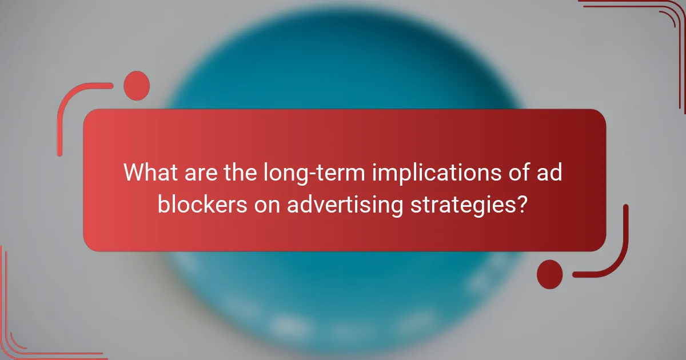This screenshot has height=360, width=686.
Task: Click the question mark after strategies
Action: point(521,204)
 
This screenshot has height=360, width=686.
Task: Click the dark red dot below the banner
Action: point(549,274)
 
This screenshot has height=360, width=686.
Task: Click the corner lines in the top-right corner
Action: point(657,23)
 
